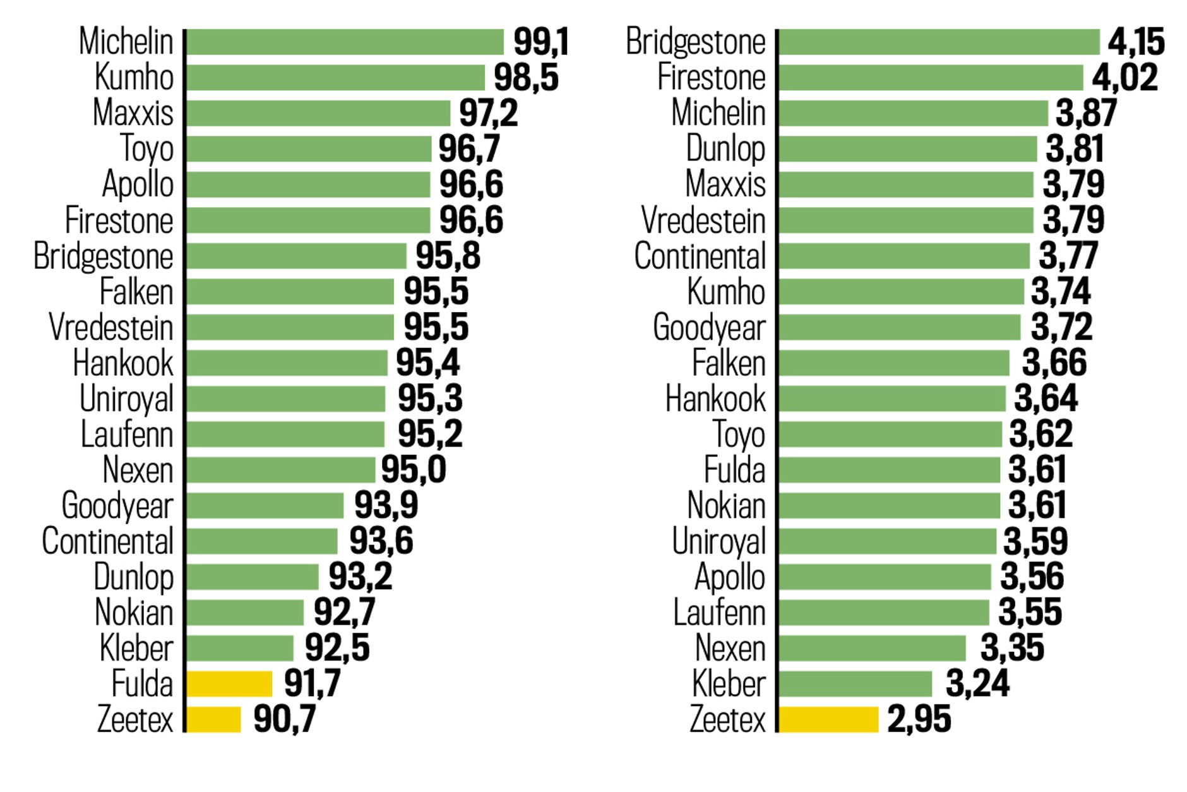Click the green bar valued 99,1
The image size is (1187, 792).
[x=345, y=42]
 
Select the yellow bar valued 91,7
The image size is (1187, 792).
[x=229, y=684]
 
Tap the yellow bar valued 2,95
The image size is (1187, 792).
[x=828, y=719]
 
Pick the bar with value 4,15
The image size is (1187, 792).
[x=939, y=42]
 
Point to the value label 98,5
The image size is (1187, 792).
[x=526, y=78]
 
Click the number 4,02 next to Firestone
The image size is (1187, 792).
[x=1125, y=78]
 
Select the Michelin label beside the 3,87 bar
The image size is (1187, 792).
[x=719, y=113]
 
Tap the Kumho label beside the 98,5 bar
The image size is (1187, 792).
[x=134, y=78]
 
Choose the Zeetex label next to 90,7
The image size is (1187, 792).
[x=135, y=719]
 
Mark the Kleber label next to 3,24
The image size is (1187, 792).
[x=729, y=684]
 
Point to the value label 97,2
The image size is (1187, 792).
[x=488, y=113]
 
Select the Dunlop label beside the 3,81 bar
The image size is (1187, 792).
[x=726, y=149]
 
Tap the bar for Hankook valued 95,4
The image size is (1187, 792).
[x=287, y=363]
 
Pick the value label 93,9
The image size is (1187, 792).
[x=386, y=505]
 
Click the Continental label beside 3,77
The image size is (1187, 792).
[x=700, y=256]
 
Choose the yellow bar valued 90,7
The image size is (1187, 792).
[x=213, y=719]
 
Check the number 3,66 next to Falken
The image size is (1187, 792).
[x=1054, y=363]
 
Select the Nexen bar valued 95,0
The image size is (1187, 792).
[x=280, y=470]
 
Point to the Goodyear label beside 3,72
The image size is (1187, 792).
[x=709, y=328]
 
